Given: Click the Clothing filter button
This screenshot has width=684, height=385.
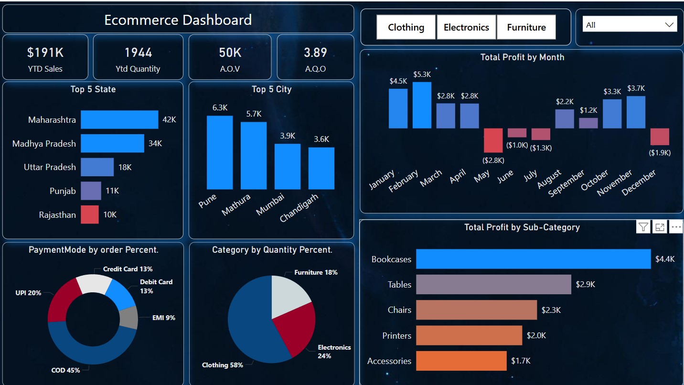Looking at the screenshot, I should (x=406, y=27).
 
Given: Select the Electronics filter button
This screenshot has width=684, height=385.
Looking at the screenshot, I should (x=466, y=27).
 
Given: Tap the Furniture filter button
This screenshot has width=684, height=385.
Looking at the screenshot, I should (x=526, y=27).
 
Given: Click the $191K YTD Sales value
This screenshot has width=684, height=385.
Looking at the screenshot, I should (x=45, y=52).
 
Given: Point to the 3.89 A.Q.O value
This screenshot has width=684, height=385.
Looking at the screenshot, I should (x=315, y=52).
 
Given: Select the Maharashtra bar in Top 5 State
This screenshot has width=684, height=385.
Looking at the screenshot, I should (x=119, y=119).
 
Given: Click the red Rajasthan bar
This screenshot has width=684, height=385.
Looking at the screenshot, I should (x=89, y=214).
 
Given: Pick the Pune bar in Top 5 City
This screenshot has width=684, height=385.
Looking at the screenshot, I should (x=220, y=152).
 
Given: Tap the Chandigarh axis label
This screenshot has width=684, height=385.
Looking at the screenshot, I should (x=299, y=209).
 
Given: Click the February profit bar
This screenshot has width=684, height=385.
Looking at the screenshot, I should (x=422, y=105).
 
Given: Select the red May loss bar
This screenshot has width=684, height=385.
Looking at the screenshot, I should (x=493, y=140).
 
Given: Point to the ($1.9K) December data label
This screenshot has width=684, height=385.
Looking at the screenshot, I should (x=659, y=153).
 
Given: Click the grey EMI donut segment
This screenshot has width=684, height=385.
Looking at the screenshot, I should (x=128, y=318).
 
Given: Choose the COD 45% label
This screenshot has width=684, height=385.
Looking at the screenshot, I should (x=65, y=370).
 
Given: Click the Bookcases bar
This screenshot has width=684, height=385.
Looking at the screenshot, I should (x=533, y=259).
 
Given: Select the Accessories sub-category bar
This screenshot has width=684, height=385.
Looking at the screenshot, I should (x=461, y=361).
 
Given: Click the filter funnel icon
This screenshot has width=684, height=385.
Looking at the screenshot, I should (x=643, y=227).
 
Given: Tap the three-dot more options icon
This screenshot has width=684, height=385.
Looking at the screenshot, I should (x=676, y=227).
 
